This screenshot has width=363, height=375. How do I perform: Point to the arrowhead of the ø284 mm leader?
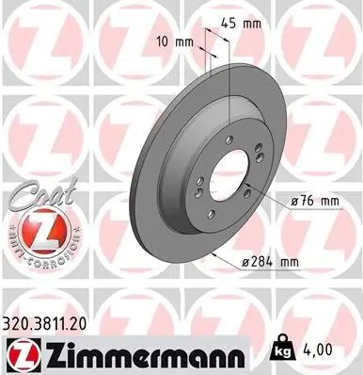[x=215, y=254]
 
